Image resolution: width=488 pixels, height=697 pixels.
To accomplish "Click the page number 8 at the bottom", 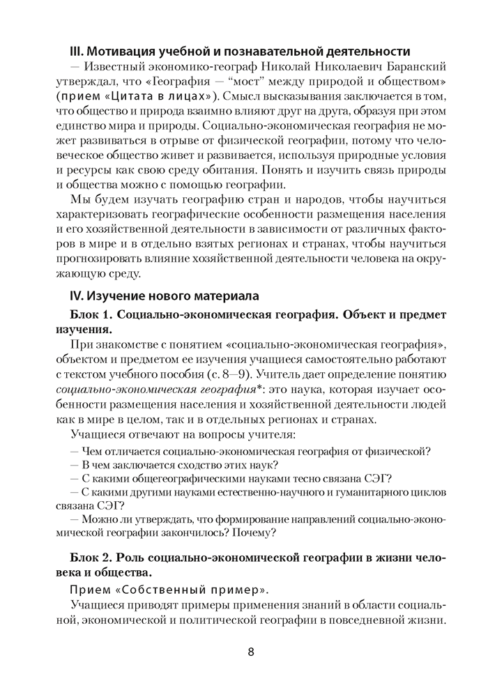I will (250, 653).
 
